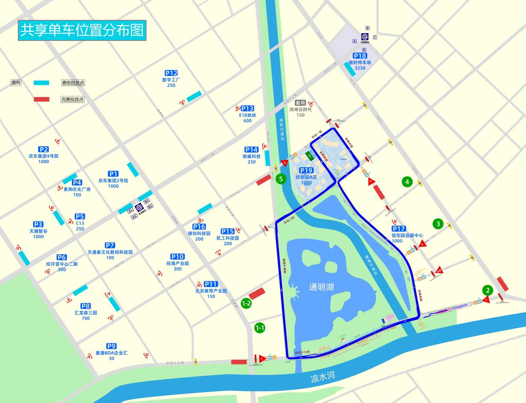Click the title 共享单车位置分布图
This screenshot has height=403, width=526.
82,30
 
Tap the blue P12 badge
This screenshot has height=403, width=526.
171,73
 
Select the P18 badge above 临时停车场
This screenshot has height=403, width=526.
360,56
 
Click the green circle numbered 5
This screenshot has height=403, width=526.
281,179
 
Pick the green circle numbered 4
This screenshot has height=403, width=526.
407,182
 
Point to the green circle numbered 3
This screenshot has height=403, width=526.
438,224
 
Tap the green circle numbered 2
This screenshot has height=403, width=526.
488,290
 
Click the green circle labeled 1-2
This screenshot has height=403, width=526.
246,303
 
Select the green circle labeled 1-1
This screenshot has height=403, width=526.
260,328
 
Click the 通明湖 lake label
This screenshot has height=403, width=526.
321,287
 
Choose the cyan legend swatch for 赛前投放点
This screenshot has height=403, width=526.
42,83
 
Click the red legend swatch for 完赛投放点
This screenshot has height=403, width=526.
42,100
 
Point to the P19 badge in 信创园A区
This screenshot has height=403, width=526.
306,170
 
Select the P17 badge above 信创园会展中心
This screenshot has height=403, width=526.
399,229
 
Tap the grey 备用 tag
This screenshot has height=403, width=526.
300,103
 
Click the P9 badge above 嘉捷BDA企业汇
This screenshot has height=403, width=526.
111,346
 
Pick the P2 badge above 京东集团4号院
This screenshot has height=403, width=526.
44,149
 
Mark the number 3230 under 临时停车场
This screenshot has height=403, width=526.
360,68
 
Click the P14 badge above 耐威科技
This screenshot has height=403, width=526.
251,150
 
